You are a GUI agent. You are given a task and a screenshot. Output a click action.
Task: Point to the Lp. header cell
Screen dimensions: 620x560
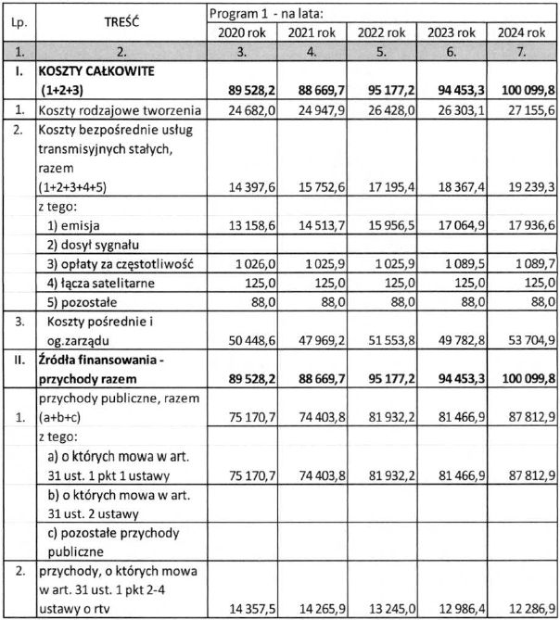click(19, 22)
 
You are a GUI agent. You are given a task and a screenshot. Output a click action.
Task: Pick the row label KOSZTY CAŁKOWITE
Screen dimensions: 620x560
click(96, 70)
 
